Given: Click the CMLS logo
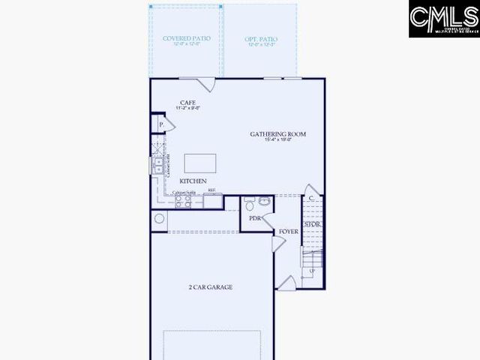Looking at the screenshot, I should (443, 19).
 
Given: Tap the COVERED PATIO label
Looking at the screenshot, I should (186, 38).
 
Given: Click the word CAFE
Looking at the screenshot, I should (187, 102).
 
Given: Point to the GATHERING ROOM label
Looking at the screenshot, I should (278, 134).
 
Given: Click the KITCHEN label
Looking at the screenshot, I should (193, 181).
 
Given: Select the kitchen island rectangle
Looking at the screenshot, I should (200, 163).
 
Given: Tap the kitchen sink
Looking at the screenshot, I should (158, 166).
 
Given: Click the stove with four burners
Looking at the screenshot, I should (184, 201).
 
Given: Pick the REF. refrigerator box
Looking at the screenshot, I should (213, 201).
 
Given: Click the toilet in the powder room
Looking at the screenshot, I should (250, 205).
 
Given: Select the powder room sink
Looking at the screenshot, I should (265, 200).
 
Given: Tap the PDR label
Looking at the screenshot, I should (255, 218).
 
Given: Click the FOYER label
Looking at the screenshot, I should (289, 232).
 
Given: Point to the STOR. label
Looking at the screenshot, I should (313, 224).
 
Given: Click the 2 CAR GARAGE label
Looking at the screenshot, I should (210, 287).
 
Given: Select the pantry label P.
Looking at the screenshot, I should (160, 124).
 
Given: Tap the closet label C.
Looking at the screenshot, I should (311, 198).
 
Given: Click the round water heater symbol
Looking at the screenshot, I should (159, 219).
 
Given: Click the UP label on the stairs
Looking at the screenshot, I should (311, 270).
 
